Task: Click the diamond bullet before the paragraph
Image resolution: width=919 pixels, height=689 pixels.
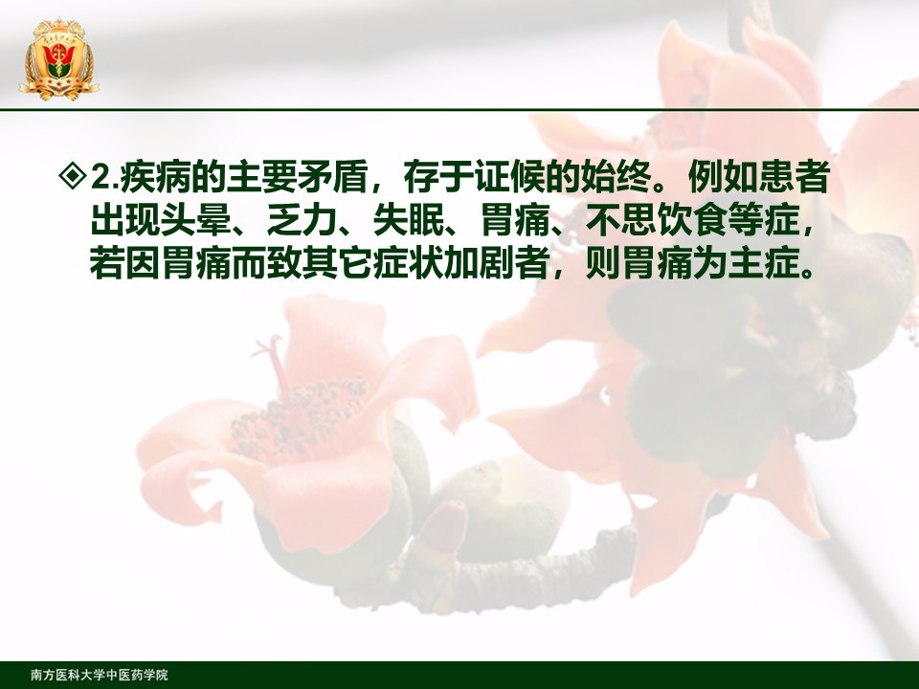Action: [x=74, y=176]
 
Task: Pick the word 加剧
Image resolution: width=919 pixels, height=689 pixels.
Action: [x=479, y=264]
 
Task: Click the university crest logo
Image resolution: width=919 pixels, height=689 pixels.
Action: [x=58, y=59]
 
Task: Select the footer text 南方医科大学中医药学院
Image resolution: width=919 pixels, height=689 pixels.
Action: [x=99, y=675]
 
